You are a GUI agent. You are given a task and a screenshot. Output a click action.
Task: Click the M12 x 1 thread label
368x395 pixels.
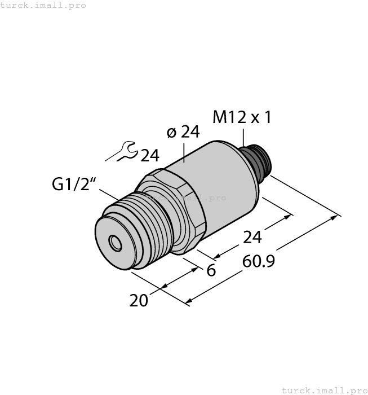click(x=242, y=117)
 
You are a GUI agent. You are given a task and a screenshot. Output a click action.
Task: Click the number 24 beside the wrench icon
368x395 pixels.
click(x=149, y=156)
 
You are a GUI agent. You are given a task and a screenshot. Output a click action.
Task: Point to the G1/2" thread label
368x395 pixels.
click(x=72, y=185)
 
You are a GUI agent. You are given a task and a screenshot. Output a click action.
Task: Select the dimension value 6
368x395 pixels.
click(x=211, y=270)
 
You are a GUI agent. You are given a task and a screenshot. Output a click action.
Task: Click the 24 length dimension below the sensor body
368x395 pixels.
click(x=252, y=238)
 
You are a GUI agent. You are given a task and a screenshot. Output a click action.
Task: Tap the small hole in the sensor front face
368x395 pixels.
click(x=116, y=244)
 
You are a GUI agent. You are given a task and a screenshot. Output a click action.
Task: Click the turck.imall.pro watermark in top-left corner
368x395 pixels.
click(x=43, y=5)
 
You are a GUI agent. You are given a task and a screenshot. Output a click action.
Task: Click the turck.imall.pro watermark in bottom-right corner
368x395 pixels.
click(x=323, y=390)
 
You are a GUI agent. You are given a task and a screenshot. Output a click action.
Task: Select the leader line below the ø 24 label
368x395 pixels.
click(x=185, y=152)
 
